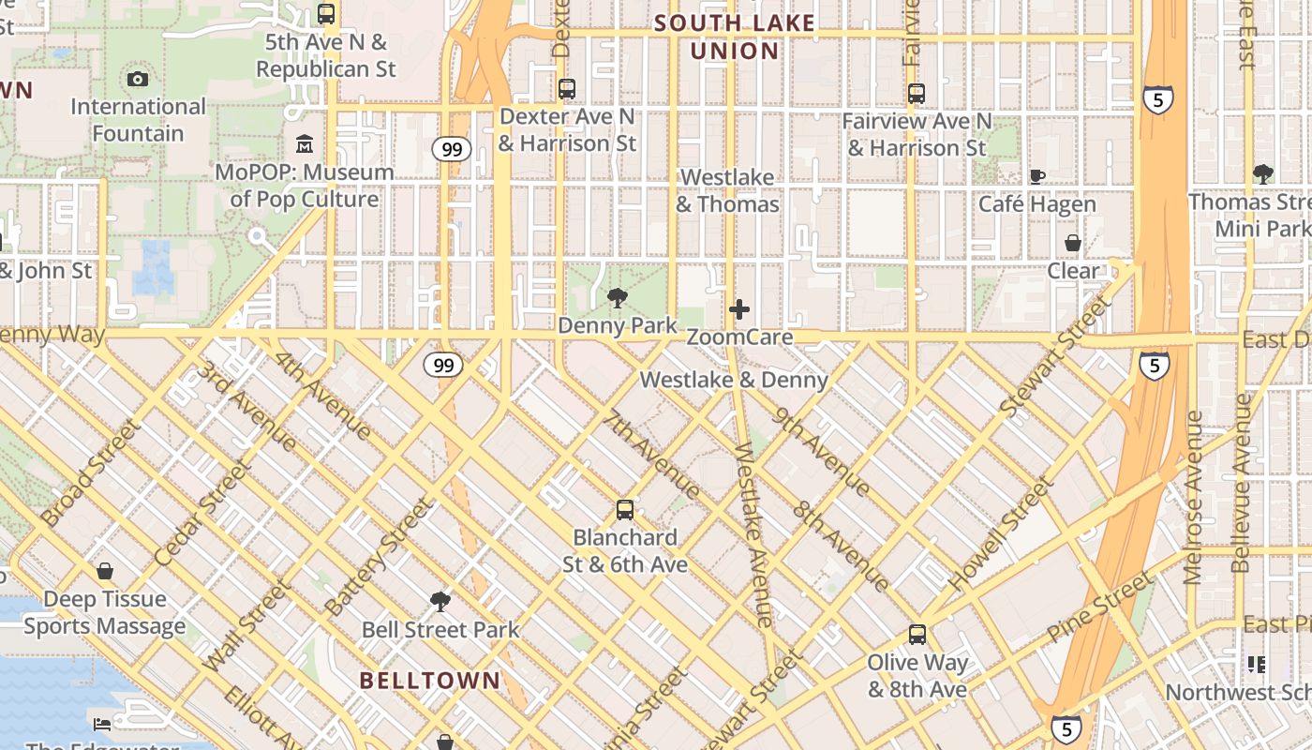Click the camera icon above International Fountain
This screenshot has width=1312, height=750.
(138, 79)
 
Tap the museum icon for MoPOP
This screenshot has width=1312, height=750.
(305, 145)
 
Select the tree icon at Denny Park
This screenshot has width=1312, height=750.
(617, 298)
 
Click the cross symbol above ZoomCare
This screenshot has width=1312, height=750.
(739, 309)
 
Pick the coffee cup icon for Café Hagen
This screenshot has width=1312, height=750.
(1037, 176)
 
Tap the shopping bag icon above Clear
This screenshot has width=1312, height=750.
(1073, 244)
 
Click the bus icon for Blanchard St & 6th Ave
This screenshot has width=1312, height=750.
(625, 510)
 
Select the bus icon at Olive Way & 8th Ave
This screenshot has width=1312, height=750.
(917, 635)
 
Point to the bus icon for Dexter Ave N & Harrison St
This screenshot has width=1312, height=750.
(567, 89)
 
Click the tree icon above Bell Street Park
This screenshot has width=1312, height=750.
(440, 601)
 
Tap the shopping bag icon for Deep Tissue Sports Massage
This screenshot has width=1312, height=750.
(105, 571)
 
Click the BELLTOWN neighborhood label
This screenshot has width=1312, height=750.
(430, 681)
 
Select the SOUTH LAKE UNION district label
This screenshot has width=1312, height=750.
(735, 37)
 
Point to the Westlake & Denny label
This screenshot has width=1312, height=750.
(734, 380)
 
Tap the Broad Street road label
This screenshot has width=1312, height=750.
(91, 472)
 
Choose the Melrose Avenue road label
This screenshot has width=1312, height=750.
(1193, 497)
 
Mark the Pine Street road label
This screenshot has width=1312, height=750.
(1100, 606)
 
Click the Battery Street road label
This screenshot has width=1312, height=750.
(379, 557)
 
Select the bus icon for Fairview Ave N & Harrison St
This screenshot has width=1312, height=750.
(917, 94)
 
